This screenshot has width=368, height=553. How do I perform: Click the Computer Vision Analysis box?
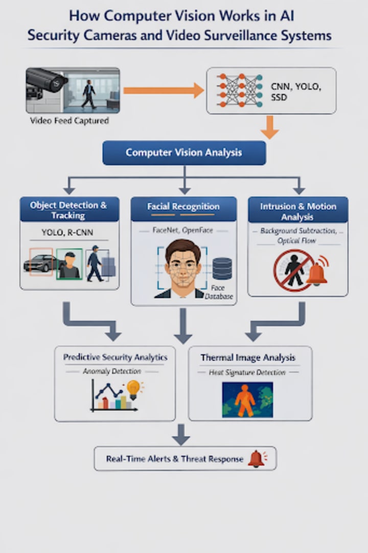pos(184,152)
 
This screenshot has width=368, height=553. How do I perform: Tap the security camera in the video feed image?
pos(46,81)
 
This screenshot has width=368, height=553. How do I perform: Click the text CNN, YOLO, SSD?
pos(296,91)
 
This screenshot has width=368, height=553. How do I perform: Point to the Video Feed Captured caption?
pos(70,121)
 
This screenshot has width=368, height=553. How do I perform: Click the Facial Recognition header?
pos(183,207)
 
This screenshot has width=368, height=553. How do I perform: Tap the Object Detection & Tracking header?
pos(69,210)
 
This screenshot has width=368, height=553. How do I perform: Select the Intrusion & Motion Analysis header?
pos(298,211)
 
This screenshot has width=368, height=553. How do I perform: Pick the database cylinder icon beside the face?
pos(222,269)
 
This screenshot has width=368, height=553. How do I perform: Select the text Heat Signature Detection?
pos(247,372)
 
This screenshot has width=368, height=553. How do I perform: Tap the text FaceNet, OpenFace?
pos(183,230)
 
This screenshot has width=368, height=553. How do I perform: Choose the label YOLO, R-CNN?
pos(67,233)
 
